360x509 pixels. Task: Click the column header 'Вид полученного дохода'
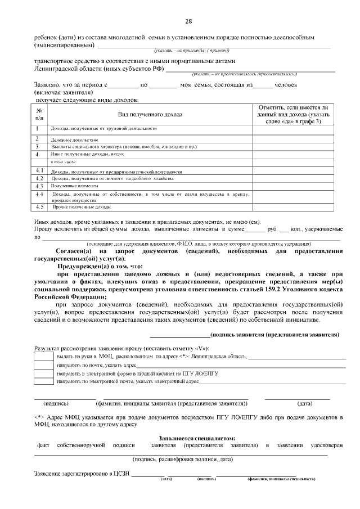click(x=150, y=115)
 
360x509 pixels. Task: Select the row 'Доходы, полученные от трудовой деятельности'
click(x=103, y=129)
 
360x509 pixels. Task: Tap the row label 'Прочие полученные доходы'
click(x=82, y=207)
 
